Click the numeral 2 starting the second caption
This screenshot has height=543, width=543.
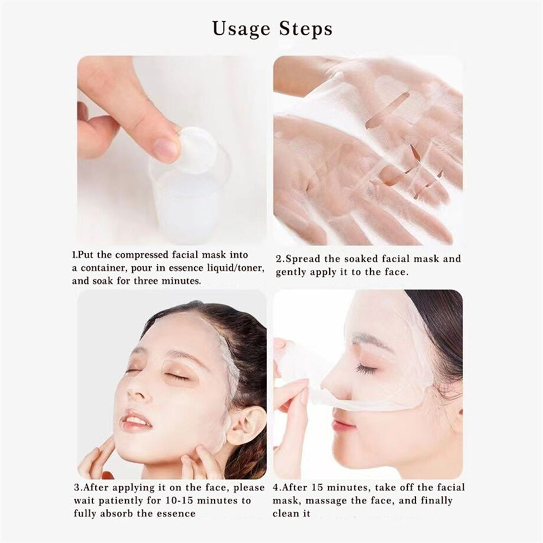tap(279, 259)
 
